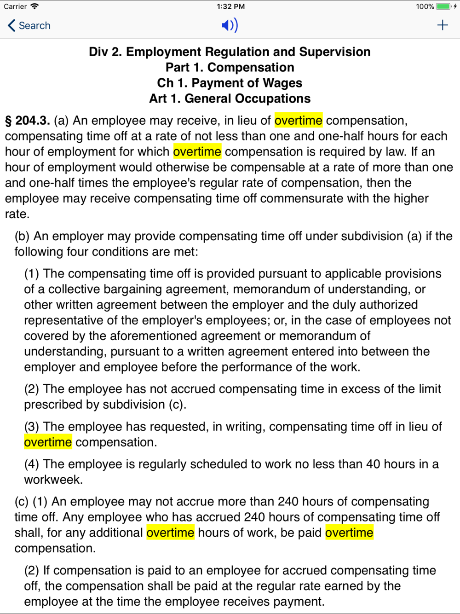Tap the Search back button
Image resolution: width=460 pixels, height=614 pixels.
[29, 26]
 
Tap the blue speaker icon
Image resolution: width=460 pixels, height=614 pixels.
[230, 25]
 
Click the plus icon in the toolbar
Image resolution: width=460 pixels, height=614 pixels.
[443, 25]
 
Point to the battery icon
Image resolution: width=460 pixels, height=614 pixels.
[443, 6]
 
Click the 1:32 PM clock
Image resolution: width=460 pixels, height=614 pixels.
[230, 6]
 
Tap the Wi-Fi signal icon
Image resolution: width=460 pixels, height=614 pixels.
[34, 6]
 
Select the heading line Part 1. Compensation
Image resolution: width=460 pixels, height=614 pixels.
[230, 67]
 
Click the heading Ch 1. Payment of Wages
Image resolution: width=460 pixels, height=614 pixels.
[230, 83]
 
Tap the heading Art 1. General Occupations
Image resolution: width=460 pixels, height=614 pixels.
[230, 98]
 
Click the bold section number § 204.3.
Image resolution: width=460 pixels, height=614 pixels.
[28, 121]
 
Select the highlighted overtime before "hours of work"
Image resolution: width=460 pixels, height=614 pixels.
[170, 533]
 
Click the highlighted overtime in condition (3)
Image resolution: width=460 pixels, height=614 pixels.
[48, 442]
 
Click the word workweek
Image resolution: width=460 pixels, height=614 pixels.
[53, 480]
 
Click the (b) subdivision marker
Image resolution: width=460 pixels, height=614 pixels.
[22, 236]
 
